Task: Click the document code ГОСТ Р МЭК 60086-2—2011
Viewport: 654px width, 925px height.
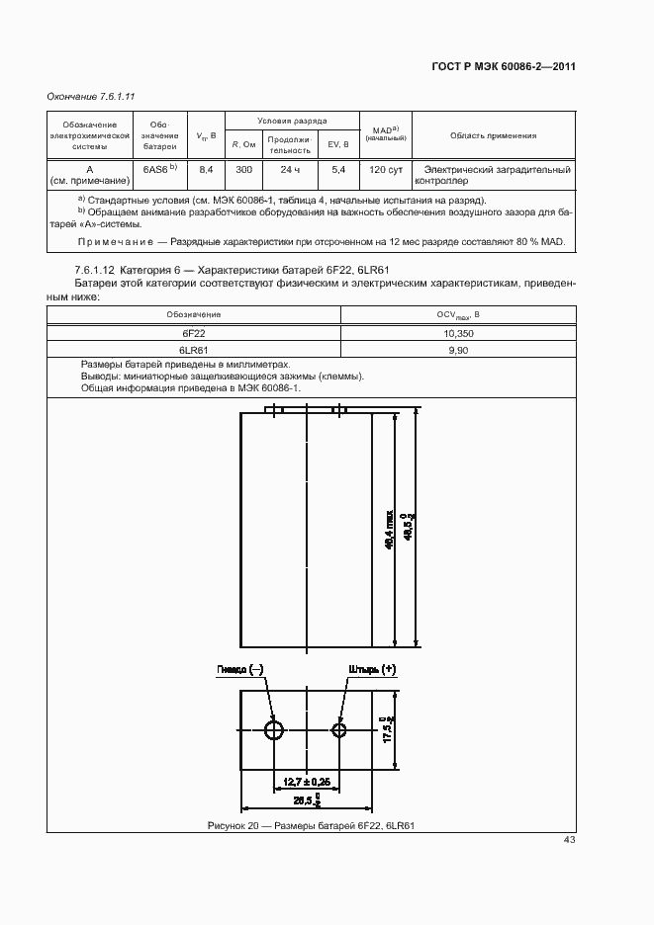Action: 504,67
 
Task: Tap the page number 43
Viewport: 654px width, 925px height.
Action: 569,840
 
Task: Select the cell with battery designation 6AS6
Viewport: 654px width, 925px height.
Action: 159,169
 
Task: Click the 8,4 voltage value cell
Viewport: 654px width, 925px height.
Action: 207,170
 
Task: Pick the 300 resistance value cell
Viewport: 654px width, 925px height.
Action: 243,170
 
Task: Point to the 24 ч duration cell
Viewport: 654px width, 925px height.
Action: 290,170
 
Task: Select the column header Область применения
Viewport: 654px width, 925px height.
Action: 493,136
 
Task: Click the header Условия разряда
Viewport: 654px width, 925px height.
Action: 292,120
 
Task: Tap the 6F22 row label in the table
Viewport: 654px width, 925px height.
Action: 193,334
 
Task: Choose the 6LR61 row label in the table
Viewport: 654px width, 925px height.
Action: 193,350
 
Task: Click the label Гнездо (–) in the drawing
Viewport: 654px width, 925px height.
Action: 240,669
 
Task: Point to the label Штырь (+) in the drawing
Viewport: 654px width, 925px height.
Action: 372,669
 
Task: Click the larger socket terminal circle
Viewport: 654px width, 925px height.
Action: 274,730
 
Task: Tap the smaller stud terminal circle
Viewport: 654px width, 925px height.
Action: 339,730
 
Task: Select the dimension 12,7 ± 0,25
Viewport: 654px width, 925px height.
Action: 307,782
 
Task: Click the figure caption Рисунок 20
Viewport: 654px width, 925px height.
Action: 310,825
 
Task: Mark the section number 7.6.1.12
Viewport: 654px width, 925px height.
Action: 95,270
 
